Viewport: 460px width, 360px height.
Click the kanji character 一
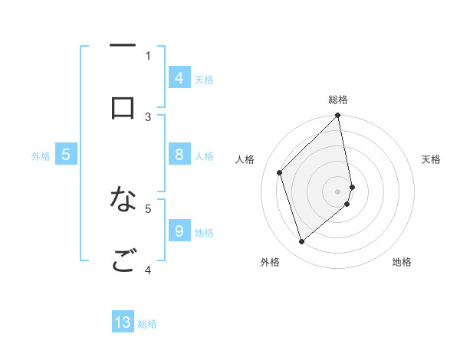click(123, 47)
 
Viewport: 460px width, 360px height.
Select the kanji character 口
click(123, 107)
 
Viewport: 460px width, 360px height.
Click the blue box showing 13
click(123, 322)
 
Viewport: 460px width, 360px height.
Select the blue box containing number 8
click(179, 155)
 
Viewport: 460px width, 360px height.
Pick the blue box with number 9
click(179, 231)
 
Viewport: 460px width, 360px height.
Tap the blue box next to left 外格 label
click(66, 155)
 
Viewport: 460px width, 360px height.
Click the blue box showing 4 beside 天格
click(179, 78)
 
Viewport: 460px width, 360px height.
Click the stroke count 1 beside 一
click(148, 55)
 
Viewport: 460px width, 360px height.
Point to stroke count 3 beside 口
click(148, 116)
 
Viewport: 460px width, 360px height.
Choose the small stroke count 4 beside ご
click(148, 270)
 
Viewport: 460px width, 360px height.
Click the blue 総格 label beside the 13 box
click(147, 324)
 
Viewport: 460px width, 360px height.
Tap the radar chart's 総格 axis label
click(338, 100)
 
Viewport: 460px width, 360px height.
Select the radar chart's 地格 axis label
click(402, 262)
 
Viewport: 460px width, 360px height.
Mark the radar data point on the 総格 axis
click(338, 116)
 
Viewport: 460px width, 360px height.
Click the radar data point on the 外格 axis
click(301, 242)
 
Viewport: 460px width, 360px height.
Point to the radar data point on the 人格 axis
click(280, 172)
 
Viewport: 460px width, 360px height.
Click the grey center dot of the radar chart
click(338, 191)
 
